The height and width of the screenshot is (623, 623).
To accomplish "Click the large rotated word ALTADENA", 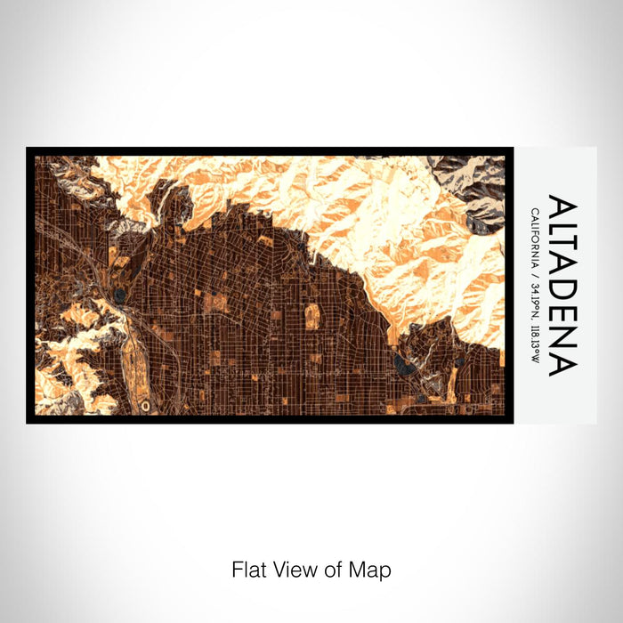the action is point(562,285).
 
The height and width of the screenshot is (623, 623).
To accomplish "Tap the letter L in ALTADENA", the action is point(562,230).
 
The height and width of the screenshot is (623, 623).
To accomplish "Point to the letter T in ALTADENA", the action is point(562,251).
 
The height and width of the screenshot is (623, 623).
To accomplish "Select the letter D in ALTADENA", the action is point(562,298).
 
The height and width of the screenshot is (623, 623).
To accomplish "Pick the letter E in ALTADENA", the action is point(562,322).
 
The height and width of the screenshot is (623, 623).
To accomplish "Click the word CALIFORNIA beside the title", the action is point(535,239).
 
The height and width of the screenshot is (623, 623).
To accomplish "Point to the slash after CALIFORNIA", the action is point(535,279).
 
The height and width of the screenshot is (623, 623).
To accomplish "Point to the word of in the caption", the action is point(330,569).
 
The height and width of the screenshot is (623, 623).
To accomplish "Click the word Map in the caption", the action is point(368,569).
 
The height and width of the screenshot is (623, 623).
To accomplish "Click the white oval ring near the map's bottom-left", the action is point(145,405).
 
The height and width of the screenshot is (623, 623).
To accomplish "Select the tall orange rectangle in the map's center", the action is point(312,316).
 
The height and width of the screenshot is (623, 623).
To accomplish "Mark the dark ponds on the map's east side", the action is point(402,362).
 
